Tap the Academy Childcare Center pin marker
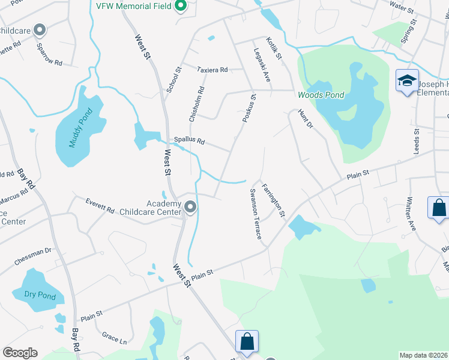click(x=191, y=208)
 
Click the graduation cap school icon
click(x=406, y=80)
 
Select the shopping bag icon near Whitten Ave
click(x=439, y=208)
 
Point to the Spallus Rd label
click(x=189, y=142)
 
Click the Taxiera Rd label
click(x=212, y=70)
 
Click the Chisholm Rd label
click(x=197, y=104)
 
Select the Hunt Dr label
click(x=305, y=119)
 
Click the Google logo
click(x=20, y=353)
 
